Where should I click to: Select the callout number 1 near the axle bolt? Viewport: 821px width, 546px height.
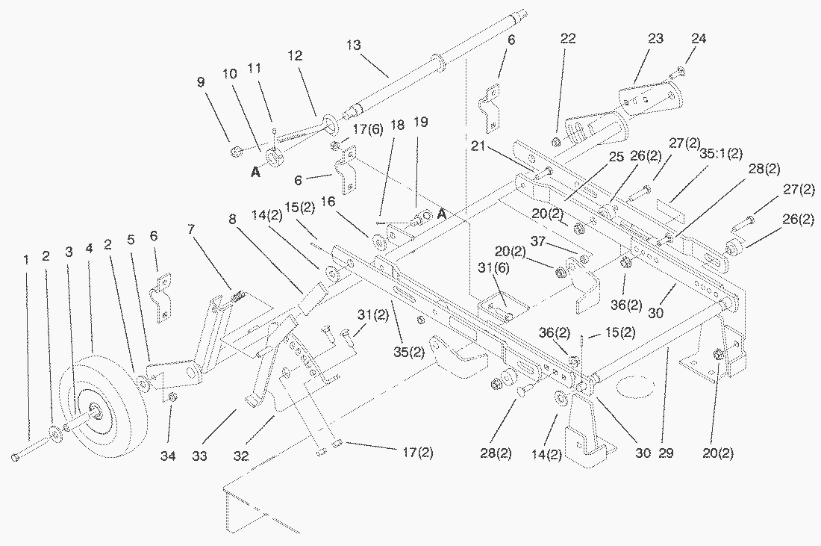tap(26, 260)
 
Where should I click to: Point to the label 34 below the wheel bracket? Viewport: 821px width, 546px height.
tap(169, 456)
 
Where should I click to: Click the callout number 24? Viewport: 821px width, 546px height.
tap(698, 38)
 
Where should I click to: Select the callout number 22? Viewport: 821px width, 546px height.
tap(569, 39)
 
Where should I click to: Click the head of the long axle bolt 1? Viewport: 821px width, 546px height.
tap(17, 457)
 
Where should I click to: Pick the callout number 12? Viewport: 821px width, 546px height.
tap(295, 56)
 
